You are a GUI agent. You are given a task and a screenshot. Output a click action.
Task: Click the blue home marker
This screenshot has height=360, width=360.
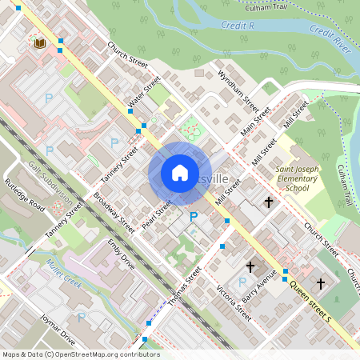pyautogui.click(x=180, y=173)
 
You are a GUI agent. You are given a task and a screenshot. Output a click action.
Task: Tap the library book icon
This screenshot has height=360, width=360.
pyautogui.click(x=38, y=42)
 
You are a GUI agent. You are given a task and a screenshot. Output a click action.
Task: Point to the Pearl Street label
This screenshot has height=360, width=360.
pyautogui.click(x=158, y=214)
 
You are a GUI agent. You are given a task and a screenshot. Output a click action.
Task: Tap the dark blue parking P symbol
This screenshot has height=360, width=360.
pyautogui.click(x=193, y=217)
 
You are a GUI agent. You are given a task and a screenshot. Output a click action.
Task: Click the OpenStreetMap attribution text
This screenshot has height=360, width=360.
pyautogui.click(x=80, y=354)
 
